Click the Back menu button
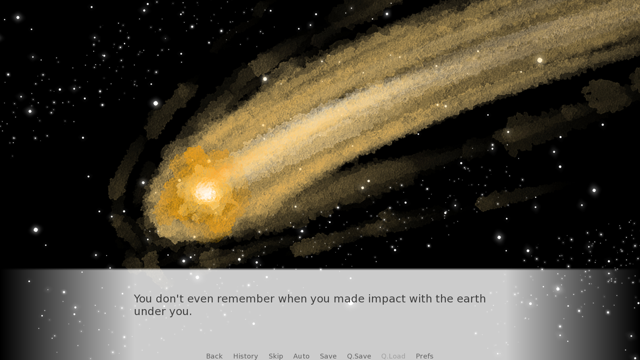214,356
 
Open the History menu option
245,356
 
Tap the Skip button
276,356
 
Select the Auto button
301,356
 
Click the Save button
328,356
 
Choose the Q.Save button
359,356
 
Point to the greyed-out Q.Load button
393,356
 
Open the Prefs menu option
424,356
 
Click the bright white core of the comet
206,192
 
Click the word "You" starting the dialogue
143,299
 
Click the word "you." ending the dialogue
181,312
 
